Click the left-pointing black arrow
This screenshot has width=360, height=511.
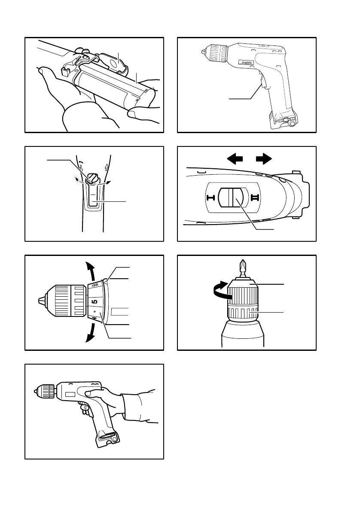coord(236,159)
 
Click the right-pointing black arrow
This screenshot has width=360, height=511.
coord(263,159)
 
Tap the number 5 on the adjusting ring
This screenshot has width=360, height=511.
coord(95,302)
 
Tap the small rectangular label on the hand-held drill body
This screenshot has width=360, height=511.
coord(70,394)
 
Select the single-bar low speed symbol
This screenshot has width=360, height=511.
coord(211,198)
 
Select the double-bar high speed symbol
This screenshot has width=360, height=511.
coord(254,198)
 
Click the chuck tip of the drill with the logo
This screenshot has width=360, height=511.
coord(202,51)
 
